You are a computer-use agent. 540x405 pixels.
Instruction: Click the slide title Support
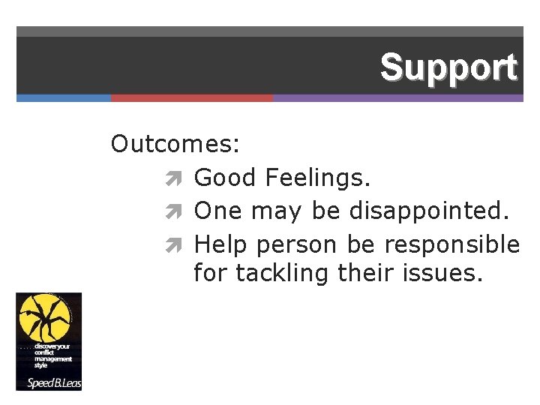(x=448, y=67)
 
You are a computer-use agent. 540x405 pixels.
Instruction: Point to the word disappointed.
(x=429, y=211)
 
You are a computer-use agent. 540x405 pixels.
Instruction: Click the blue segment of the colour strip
(x=64, y=98)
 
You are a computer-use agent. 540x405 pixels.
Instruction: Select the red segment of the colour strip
(x=192, y=98)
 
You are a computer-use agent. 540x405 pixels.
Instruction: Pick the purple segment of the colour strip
(x=397, y=98)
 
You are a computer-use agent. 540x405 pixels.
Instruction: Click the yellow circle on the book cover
(x=44, y=315)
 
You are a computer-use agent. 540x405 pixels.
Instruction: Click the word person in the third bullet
(x=298, y=245)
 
